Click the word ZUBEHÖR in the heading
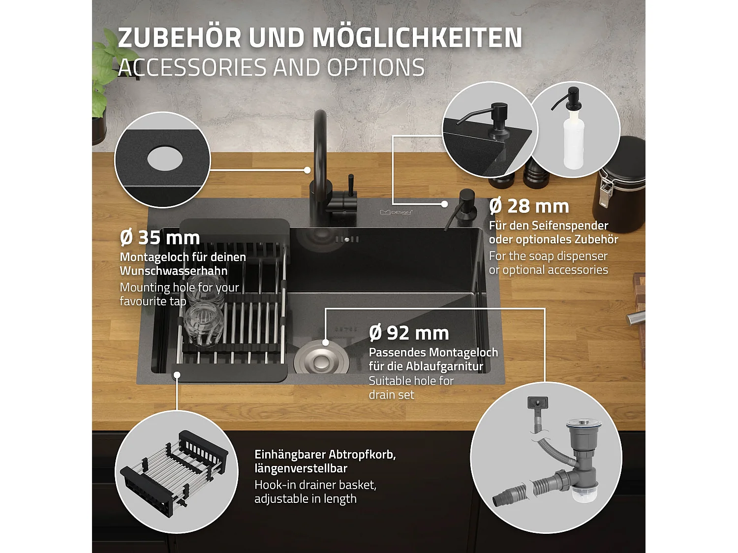180,37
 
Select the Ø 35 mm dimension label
160,238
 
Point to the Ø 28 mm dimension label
529,206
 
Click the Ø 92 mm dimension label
409,333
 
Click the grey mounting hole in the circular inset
165,158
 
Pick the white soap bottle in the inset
574,140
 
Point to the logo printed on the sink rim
396,212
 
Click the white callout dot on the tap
307,170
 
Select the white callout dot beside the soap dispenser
444,204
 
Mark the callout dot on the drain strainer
325,342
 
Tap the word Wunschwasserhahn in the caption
173,271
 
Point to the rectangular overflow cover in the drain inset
537,403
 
